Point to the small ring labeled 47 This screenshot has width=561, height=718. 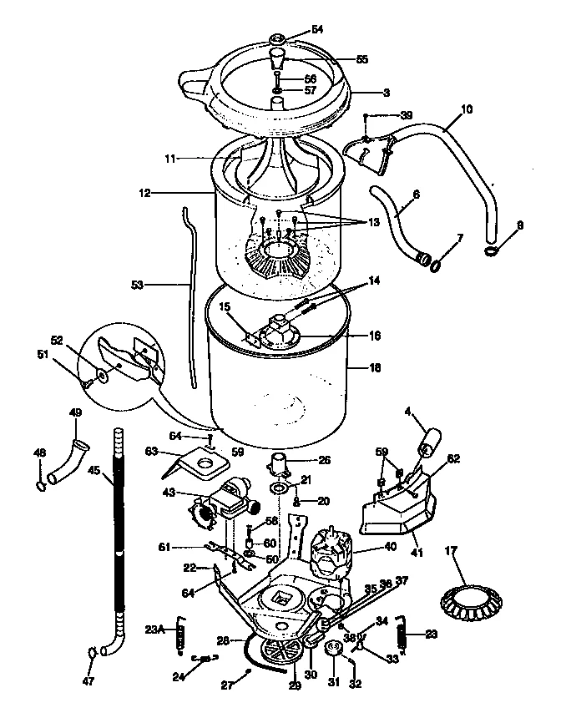(x=90, y=653)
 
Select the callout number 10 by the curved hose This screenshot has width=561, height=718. (x=466, y=109)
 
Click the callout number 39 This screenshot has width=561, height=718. (x=406, y=114)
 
